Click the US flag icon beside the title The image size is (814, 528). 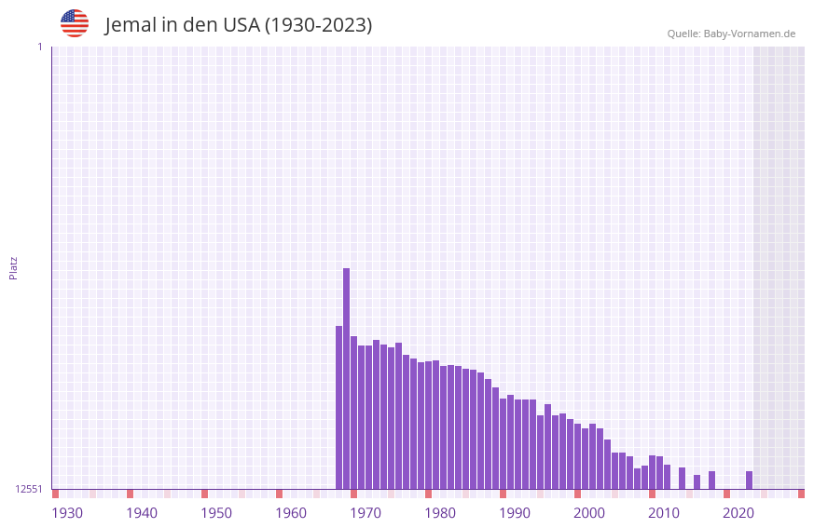(75, 23)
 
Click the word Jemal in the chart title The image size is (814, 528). (130, 25)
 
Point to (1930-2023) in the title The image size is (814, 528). (318, 25)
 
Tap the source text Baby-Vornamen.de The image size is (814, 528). (749, 34)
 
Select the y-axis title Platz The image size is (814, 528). (13, 267)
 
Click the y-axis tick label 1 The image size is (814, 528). (39, 47)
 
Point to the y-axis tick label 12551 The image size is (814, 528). (29, 489)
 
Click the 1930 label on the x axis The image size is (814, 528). (67, 513)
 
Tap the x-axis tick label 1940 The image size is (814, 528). (142, 513)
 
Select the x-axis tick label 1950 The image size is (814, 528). (216, 513)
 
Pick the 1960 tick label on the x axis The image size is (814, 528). (291, 513)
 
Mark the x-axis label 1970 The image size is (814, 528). (366, 513)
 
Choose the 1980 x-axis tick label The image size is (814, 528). (440, 513)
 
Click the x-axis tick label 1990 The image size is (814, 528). (515, 513)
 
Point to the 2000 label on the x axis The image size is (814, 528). (589, 513)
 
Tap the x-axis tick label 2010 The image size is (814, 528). (664, 513)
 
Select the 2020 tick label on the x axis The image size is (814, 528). (738, 513)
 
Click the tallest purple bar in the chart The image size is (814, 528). (346, 377)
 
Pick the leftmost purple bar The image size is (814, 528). (338, 407)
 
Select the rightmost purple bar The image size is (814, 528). (749, 480)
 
